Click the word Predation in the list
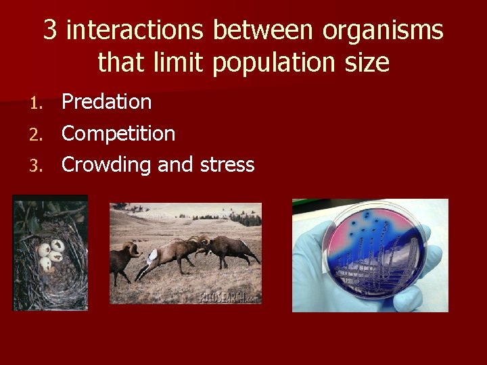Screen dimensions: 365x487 click(106, 102)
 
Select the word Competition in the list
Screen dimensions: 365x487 click(118, 134)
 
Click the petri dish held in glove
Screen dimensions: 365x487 click(375, 251)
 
